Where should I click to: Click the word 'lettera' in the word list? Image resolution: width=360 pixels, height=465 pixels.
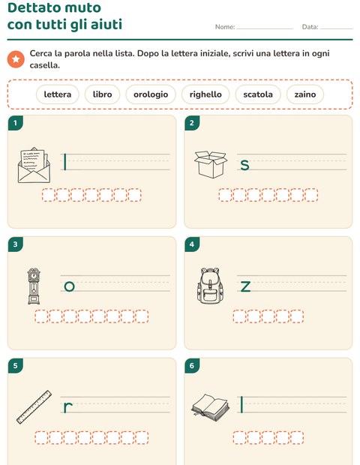pyautogui.click(x=58, y=94)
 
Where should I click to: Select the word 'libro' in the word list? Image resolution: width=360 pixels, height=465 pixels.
pyautogui.click(x=102, y=94)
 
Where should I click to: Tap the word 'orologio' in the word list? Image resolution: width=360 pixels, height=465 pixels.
pyautogui.click(x=151, y=94)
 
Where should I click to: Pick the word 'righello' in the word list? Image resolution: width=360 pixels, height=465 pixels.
pyautogui.click(x=205, y=94)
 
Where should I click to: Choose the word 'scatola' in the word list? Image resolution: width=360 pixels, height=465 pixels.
pyautogui.click(x=258, y=94)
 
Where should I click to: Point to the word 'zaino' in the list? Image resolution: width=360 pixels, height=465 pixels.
pyautogui.click(x=304, y=94)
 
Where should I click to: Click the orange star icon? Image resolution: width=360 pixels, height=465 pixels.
pyautogui.click(x=16, y=59)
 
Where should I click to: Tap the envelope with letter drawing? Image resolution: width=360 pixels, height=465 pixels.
pyautogui.click(x=34, y=165)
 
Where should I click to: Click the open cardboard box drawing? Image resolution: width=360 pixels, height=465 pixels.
pyautogui.click(x=211, y=164)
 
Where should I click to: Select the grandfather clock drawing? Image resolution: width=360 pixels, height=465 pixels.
pyautogui.click(x=34, y=286)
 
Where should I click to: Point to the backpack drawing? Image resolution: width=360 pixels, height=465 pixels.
pyautogui.click(x=210, y=286)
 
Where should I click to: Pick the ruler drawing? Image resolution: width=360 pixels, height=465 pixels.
pyautogui.click(x=34, y=407)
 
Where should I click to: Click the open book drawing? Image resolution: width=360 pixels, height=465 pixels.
pyautogui.click(x=211, y=407)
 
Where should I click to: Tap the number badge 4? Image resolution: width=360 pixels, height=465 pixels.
pyautogui.click(x=192, y=244)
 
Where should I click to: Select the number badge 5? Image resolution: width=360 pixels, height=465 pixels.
pyautogui.click(x=16, y=365)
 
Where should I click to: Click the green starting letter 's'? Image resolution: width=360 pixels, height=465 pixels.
pyautogui.click(x=244, y=165)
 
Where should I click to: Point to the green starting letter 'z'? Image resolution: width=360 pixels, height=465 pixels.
pyautogui.click(x=245, y=286)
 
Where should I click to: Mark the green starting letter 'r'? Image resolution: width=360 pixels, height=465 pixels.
pyautogui.click(x=68, y=407)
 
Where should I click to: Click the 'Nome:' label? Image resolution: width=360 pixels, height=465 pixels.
pyautogui.click(x=225, y=27)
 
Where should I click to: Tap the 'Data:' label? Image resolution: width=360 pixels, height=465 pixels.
pyautogui.click(x=310, y=27)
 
